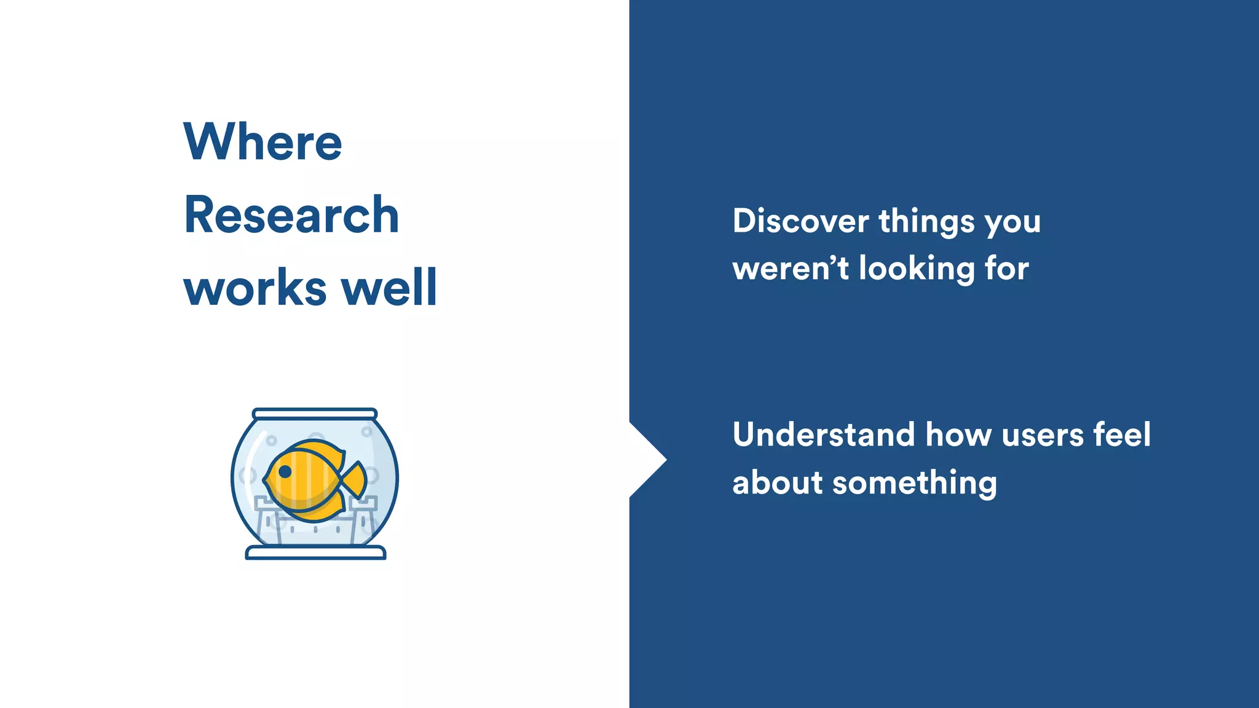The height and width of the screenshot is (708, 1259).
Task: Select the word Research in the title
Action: tap(291, 215)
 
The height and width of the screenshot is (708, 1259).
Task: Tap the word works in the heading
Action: tap(255, 288)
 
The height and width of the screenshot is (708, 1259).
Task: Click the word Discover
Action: tap(800, 221)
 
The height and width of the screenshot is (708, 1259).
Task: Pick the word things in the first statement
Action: tap(926, 222)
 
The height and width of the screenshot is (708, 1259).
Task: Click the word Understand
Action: tap(823, 435)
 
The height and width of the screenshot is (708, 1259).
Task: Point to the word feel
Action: tap(1122, 435)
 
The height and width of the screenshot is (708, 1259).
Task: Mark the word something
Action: tap(914, 484)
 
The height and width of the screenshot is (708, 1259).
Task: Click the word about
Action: tap(777, 482)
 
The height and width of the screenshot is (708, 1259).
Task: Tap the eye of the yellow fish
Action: tap(285, 472)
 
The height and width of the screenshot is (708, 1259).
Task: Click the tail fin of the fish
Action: tap(355, 479)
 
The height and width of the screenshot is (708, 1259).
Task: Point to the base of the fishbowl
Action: tap(315, 553)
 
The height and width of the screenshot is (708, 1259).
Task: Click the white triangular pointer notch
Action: tap(645, 460)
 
